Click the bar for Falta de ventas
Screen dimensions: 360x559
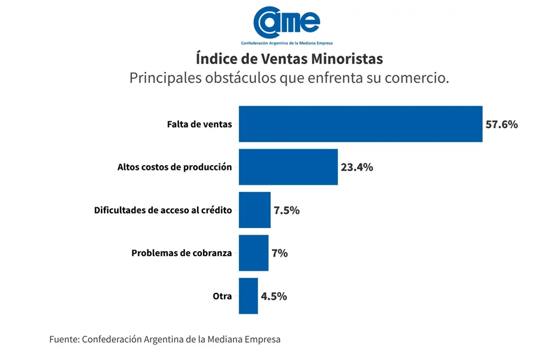360,124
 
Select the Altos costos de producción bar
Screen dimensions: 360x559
288,167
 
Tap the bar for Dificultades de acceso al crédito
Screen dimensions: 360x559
254,210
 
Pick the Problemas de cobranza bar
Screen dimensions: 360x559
253,253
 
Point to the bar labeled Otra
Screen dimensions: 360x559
248,296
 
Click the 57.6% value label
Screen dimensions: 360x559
501,125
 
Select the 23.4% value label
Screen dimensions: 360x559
356,168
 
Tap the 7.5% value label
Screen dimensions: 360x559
286,210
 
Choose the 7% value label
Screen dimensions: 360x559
279,253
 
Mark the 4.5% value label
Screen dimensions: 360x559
273,296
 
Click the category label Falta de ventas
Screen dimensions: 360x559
199,125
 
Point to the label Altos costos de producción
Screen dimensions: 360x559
175,168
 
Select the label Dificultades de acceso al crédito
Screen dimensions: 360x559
163,210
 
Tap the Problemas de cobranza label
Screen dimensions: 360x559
181,253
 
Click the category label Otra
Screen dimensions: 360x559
222,296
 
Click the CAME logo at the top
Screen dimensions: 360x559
286,23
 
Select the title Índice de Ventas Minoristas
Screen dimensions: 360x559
289,59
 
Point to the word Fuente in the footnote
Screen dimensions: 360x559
64,340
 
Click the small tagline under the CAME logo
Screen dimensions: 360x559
286,43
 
